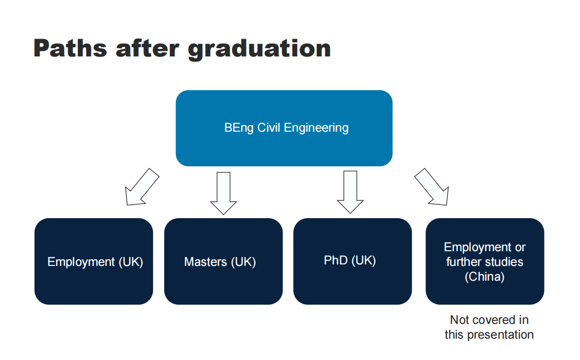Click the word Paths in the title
[x=70, y=48]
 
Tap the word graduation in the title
[x=259, y=50]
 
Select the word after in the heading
[x=147, y=48]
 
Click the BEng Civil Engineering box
[x=284, y=128]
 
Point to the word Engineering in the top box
[x=316, y=128]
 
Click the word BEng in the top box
[x=239, y=128]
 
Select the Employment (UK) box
[x=94, y=261]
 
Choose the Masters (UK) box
[x=224, y=261]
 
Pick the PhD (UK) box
[x=352, y=261]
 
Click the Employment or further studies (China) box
[x=485, y=261]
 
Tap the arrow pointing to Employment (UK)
[x=142, y=187]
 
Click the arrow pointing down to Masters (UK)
[x=224, y=193]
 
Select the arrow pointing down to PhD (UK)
[x=350, y=192]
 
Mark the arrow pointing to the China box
[x=432, y=187]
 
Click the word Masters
[x=206, y=262]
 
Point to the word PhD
[x=336, y=260]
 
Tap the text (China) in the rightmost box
[x=484, y=277]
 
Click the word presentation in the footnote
[x=501, y=335]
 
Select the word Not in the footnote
[x=459, y=320]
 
